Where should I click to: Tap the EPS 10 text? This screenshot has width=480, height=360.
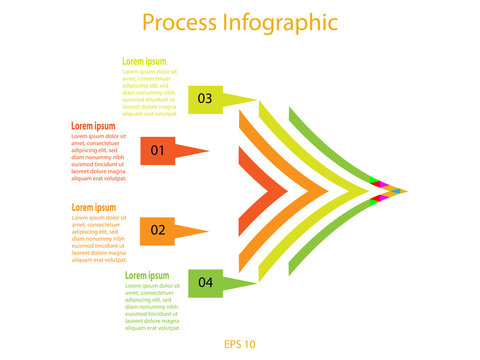click(x=240, y=345)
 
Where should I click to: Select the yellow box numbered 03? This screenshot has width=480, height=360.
click(x=205, y=98)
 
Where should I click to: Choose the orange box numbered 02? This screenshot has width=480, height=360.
click(x=157, y=230)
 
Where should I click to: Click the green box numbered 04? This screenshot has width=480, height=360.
click(x=205, y=283)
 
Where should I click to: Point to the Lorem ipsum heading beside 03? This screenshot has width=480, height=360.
click(x=146, y=62)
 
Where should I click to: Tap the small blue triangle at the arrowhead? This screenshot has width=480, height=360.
click(x=396, y=190)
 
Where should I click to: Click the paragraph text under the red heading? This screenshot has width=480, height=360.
click(x=98, y=157)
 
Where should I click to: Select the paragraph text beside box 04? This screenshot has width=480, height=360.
click(x=152, y=305)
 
